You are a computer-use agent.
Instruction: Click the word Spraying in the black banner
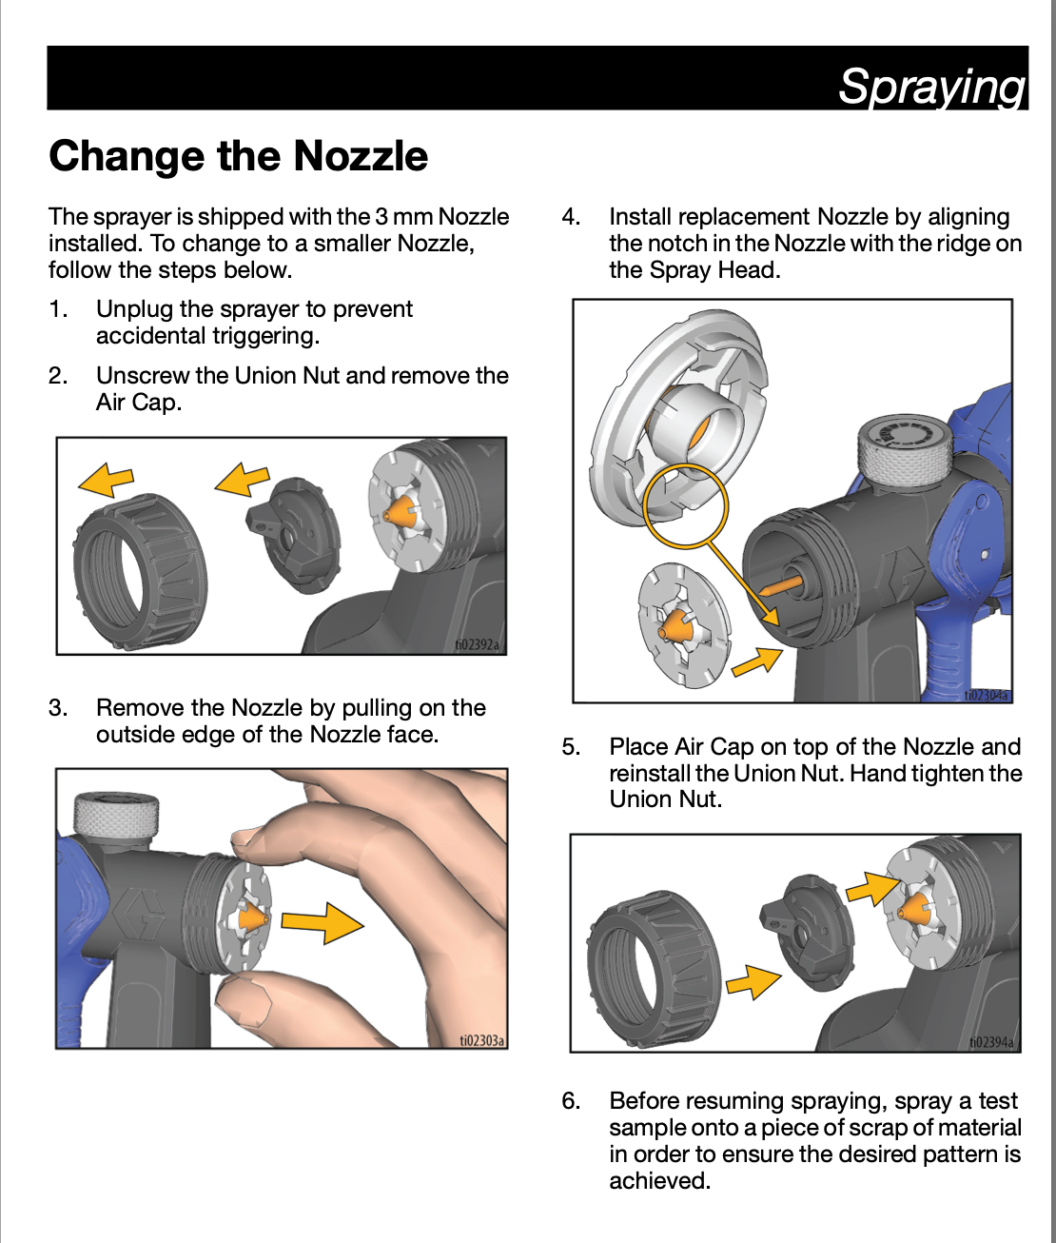[931, 87]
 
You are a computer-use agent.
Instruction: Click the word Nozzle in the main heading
[361, 156]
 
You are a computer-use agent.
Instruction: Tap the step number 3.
[57, 708]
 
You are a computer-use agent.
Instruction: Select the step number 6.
[571, 1101]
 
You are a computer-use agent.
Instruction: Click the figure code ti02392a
[478, 645]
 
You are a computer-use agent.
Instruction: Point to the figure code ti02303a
[481, 1040]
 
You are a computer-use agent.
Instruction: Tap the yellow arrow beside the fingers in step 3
[323, 922]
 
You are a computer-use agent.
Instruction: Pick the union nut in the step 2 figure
[140, 571]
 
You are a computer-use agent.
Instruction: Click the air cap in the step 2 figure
[294, 535]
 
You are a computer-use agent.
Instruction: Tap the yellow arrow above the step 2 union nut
[106, 480]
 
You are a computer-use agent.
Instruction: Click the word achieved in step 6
[659, 1180]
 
